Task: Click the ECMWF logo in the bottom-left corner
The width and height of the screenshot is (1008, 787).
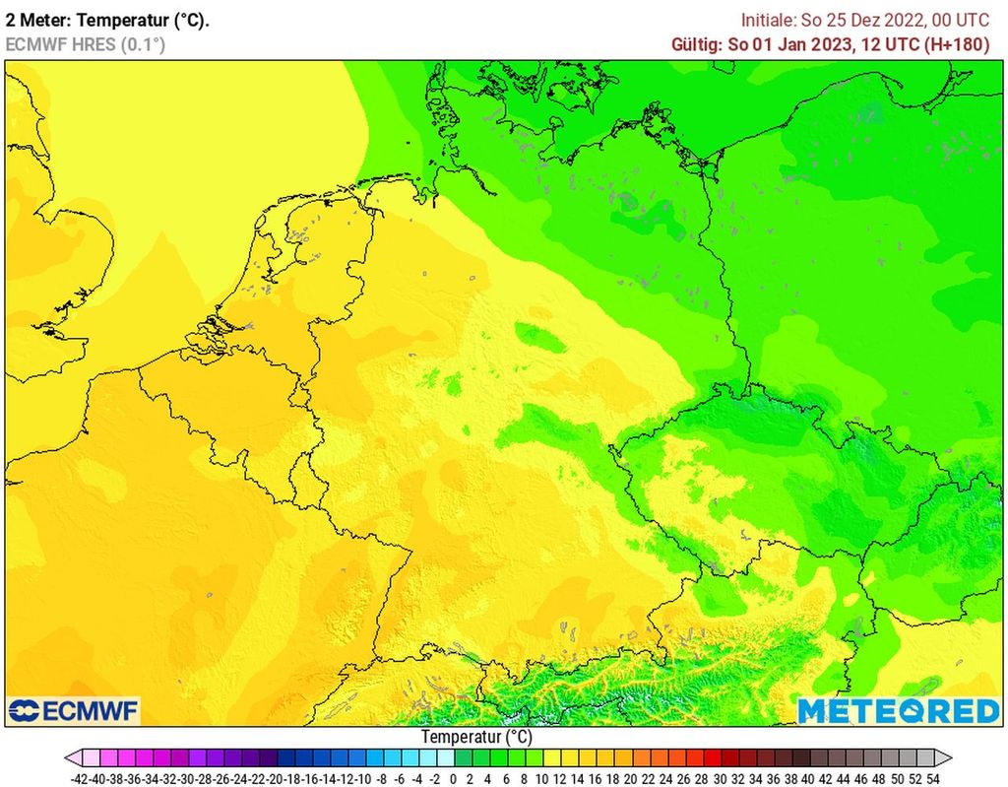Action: coord(74,710)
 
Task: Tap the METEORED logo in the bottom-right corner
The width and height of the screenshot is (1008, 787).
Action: coord(898,710)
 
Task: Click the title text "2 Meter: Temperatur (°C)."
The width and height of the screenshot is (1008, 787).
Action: coord(107,20)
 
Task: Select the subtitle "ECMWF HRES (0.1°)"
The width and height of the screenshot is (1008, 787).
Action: coord(86,44)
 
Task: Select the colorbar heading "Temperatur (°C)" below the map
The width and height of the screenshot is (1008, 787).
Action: coord(476,736)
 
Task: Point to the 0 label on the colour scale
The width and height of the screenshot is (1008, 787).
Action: coord(453,778)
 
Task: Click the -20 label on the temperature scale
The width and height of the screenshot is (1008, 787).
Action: coord(276,778)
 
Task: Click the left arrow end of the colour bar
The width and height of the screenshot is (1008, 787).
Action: coord(72,757)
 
